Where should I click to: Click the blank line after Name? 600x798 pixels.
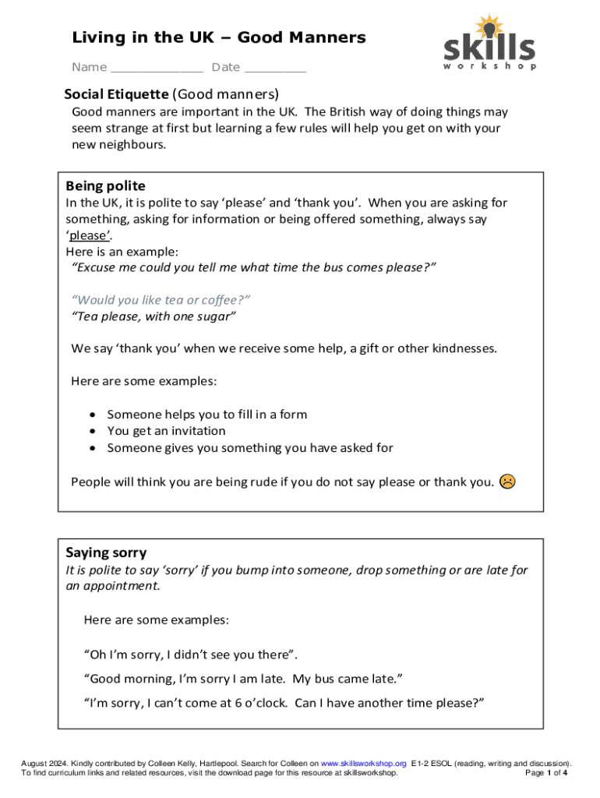157,69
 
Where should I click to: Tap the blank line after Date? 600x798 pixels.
274,69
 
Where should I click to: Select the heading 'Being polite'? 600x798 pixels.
105,185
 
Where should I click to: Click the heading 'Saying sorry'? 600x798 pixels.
106,553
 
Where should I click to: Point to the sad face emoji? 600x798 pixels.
507,481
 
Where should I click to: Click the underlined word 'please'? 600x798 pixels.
87,235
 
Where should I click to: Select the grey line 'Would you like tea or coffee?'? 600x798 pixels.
161,300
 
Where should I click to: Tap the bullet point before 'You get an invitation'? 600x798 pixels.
93,431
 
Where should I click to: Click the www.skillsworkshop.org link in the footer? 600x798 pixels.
364,763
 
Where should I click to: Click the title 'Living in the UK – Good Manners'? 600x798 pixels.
219,37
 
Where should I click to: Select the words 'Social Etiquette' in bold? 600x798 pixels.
116,94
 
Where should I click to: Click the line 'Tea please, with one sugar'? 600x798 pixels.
154,316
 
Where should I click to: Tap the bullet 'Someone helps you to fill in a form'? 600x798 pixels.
206,415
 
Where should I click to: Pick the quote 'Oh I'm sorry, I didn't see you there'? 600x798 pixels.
190,654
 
